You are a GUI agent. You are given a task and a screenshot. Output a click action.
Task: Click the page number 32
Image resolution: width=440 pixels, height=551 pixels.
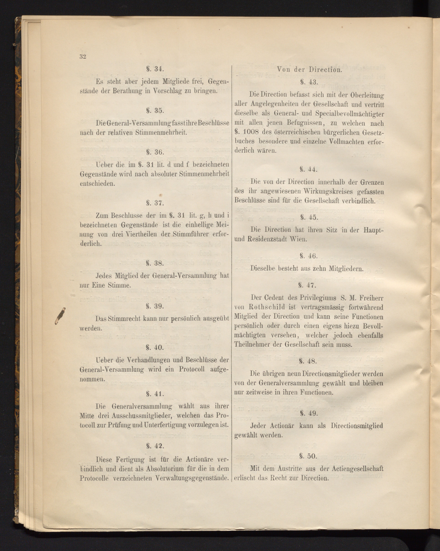[x=83, y=57]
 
